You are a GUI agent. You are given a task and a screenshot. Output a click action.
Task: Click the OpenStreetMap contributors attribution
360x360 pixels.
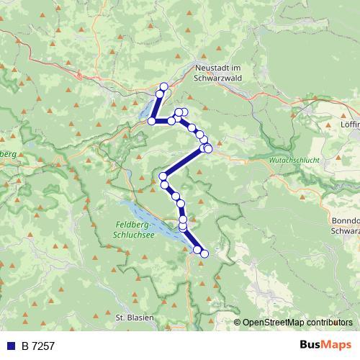tap(297, 323)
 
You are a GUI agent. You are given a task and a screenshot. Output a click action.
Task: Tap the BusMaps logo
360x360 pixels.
tap(328, 346)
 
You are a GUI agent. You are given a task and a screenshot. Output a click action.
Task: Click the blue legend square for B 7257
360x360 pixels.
tap(9, 346)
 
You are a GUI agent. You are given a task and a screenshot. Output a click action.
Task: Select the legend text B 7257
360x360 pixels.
tap(37, 346)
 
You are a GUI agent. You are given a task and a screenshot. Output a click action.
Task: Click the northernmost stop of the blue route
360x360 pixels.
tap(163, 86)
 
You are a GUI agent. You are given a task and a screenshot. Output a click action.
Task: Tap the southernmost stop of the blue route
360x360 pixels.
tap(204, 253)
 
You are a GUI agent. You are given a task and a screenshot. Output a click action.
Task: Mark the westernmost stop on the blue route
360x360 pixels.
tap(152, 121)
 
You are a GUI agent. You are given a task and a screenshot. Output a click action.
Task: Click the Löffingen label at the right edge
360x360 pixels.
tap(350, 124)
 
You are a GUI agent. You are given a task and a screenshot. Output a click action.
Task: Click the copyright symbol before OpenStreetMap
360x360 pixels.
tap(238, 323)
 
